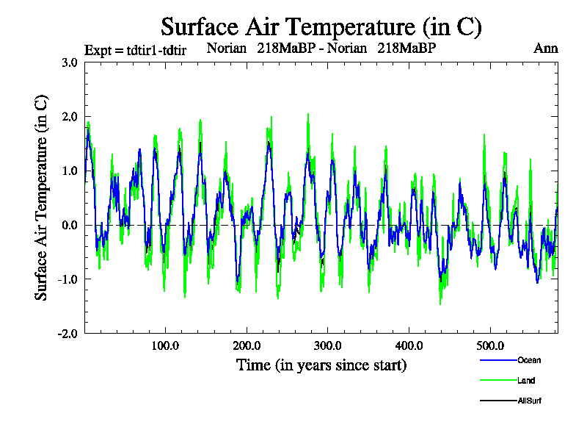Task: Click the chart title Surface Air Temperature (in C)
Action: tap(321, 27)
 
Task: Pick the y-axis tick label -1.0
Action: tap(68, 279)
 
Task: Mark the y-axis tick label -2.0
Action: tap(68, 334)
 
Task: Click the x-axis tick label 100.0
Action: tap(165, 345)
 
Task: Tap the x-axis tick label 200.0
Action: tap(247, 345)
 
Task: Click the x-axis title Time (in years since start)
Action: tap(321, 365)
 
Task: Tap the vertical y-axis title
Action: tap(42, 197)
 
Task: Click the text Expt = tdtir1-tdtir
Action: tap(135, 49)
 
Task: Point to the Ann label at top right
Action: tap(546, 49)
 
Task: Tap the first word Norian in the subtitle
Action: tap(227, 49)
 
